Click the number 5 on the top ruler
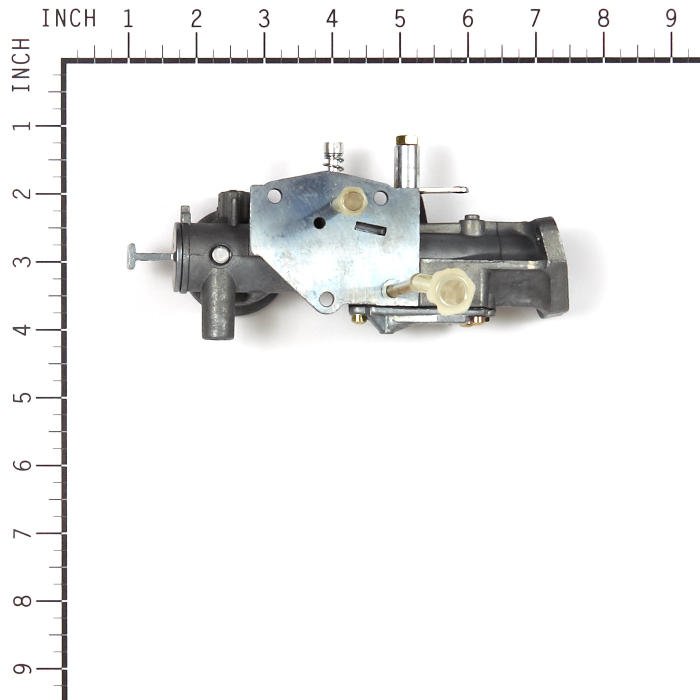coord(400,19)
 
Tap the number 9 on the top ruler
coord(671,19)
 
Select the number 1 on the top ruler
coord(128,19)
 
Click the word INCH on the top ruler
coord(69,19)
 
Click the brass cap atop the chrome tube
coord(407,139)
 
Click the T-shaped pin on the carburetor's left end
coord(132,257)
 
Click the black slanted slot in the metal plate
coord(370,229)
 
